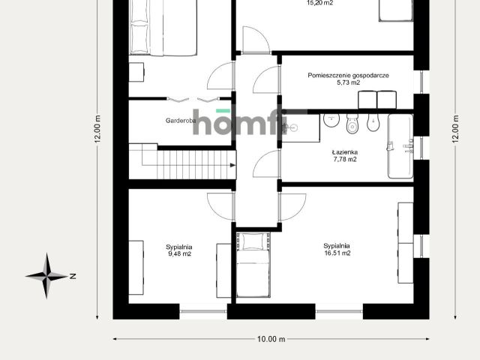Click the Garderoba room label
click(x=181, y=121)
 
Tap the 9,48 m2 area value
click(x=180, y=253)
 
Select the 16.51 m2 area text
click(x=337, y=253)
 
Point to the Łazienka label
click(x=345, y=152)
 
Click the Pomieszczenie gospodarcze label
click(x=348, y=75)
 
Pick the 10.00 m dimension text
click(x=271, y=339)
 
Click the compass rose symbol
click(x=46, y=276)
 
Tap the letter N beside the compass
click(x=73, y=276)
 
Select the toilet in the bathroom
click(x=352, y=124)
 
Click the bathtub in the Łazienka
click(x=400, y=146)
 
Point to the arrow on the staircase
click(x=232, y=165)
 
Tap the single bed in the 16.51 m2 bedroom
click(x=253, y=265)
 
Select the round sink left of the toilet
click(x=331, y=120)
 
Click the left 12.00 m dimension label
click(x=97, y=129)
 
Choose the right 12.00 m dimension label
click(x=455, y=129)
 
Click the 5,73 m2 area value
click(x=348, y=82)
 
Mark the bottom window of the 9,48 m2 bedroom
click(x=203, y=311)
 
